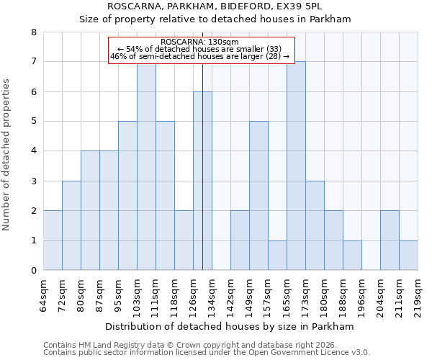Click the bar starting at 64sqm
point(53,240)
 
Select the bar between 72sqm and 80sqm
point(71,225)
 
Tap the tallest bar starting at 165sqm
point(296,166)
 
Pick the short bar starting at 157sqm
point(277,256)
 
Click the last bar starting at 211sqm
point(408,256)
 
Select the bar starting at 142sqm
point(240,240)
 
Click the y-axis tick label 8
point(34,32)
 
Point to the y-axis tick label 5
point(34,122)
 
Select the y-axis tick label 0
point(34,271)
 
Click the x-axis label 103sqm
point(137,295)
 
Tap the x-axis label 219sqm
point(418,295)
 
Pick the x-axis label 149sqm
point(249,295)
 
